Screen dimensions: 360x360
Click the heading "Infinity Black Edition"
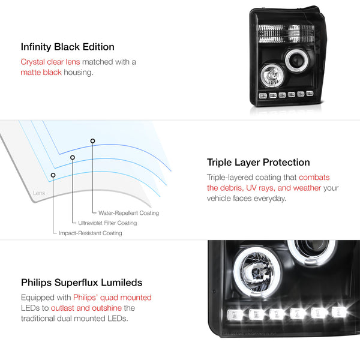click(x=67, y=47)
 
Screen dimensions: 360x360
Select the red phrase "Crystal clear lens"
click(x=50, y=62)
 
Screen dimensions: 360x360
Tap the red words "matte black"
click(x=41, y=73)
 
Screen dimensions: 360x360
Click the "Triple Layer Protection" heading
click(x=258, y=163)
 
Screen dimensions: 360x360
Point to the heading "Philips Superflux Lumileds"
click(x=82, y=283)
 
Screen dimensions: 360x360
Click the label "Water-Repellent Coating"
click(x=128, y=213)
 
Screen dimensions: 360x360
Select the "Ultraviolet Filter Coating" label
click(x=107, y=223)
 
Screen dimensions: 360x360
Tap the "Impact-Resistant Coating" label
click(x=91, y=233)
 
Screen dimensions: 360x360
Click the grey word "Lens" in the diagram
click(x=39, y=193)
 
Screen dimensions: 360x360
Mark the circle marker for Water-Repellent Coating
click(x=92, y=141)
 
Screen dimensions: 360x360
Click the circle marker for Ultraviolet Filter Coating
click(x=73, y=157)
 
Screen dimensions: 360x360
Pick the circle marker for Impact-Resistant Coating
click(x=53, y=175)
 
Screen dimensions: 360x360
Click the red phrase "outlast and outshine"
click(x=86, y=308)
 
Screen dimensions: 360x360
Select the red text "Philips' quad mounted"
click(x=113, y=298)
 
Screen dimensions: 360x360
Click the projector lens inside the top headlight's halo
click(x=295, y=60)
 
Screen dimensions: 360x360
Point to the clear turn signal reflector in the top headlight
click(x=286, y=34)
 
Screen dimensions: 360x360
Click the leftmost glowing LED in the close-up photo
click(x=235, y=314)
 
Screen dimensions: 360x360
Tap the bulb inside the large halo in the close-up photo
click(x=257, y=272)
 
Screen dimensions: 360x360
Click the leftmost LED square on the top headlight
click(x=263, y=96)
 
